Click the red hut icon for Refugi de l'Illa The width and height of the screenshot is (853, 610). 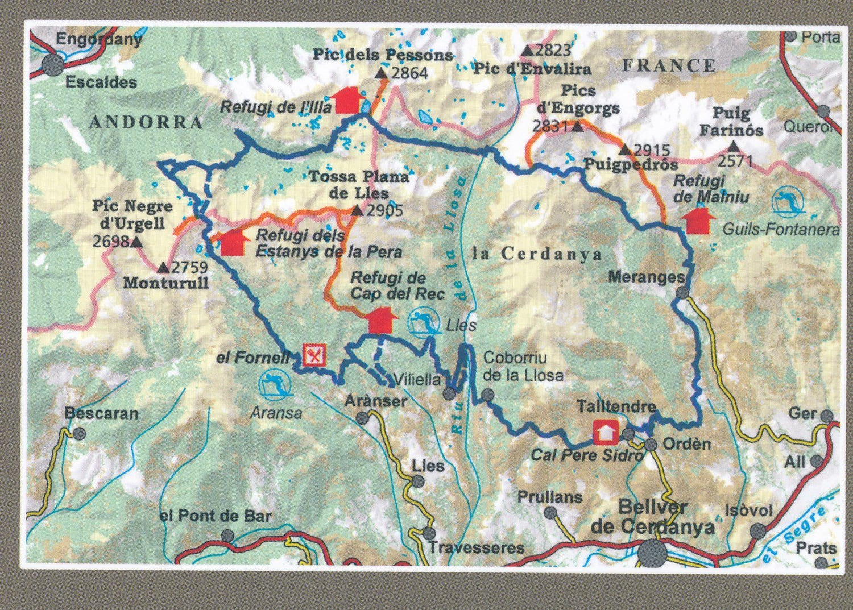349,100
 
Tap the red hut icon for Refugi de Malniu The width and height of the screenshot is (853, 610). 698,221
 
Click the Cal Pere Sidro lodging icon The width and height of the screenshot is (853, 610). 606,432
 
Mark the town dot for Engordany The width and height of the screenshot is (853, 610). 53,65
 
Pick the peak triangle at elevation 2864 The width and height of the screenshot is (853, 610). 381,73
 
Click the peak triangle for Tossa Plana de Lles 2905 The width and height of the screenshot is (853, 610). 357,211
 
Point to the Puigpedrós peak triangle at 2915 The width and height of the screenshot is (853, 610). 624,150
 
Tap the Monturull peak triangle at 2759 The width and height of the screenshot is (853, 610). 163,267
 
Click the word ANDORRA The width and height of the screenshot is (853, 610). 146,122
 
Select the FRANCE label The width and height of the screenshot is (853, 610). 669,66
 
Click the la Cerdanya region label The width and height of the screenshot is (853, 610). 537,254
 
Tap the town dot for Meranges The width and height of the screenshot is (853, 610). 682,293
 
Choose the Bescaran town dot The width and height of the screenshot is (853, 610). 79,434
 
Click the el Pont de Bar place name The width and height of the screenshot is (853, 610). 216,516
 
